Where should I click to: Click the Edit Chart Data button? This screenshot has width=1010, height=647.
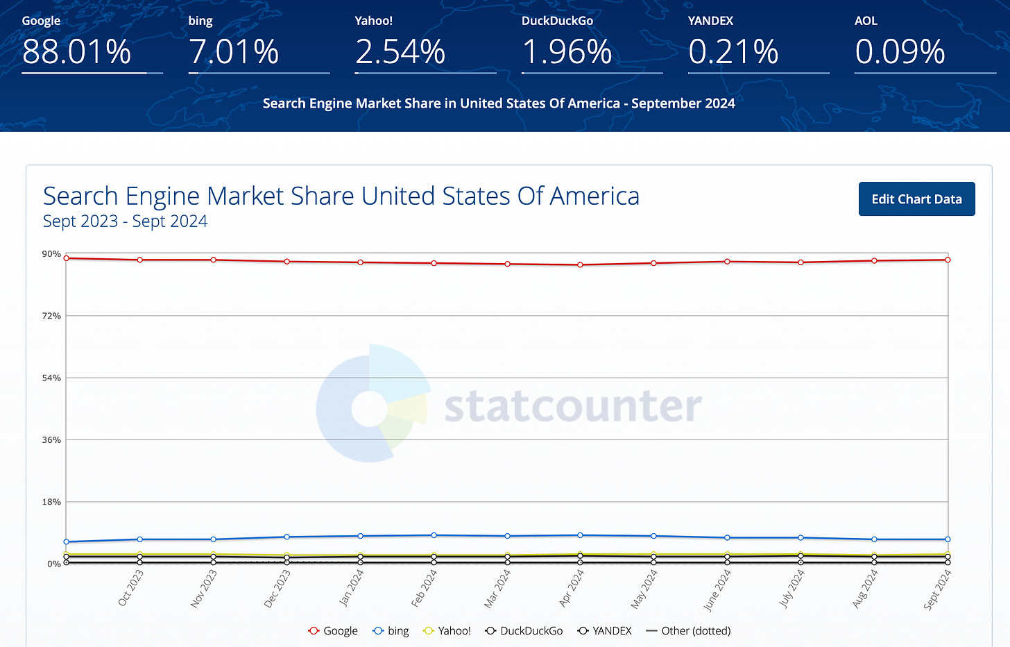pyautogui.click(x=916, y=199)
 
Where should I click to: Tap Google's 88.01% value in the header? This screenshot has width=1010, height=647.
pyautogui.click(x=76, y=52)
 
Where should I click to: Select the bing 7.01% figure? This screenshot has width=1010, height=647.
pyautogui.click(x=234, y=52)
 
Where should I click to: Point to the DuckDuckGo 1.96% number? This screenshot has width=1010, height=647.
pyautogui.click(x=567, y=52)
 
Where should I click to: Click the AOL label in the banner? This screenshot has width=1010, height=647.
pyautogui.click(x=866, y=21)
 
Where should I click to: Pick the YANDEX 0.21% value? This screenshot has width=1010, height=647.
pyautogui.click(x=733, y=52)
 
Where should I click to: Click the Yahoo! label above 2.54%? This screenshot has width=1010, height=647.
pyautogui.click(x=373, y=21)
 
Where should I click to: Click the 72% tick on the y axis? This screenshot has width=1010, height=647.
pyautogui.click(x=51, y=316)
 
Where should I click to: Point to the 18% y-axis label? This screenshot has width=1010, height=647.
pyautogui.click(x=51, y=502)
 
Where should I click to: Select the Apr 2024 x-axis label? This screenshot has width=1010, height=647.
pyautogui.click(x=572, y=589)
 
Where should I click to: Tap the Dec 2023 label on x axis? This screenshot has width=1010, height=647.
pyautogui.click(x=277, y=589)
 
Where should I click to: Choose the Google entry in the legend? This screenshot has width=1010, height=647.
pyautogui.click(x=333, y=631)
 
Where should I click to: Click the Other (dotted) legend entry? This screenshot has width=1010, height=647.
pyautogui.click(x=688, y=631)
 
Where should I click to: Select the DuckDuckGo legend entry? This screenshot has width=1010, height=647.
pyautogui.click(x=524, y=631)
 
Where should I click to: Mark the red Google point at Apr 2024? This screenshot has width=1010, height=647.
pyautogui.click(x=580, y=264)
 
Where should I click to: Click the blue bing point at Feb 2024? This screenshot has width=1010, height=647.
pyautogui.click(x=434, y=535)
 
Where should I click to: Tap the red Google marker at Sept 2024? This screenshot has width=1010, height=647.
pyautogui.click(x=948, y=260)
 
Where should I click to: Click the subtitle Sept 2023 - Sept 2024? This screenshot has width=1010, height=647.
pyautogui.click(x=125, y=221)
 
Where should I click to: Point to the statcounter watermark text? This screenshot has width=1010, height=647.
pyautogui.click(x=573, y=406)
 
